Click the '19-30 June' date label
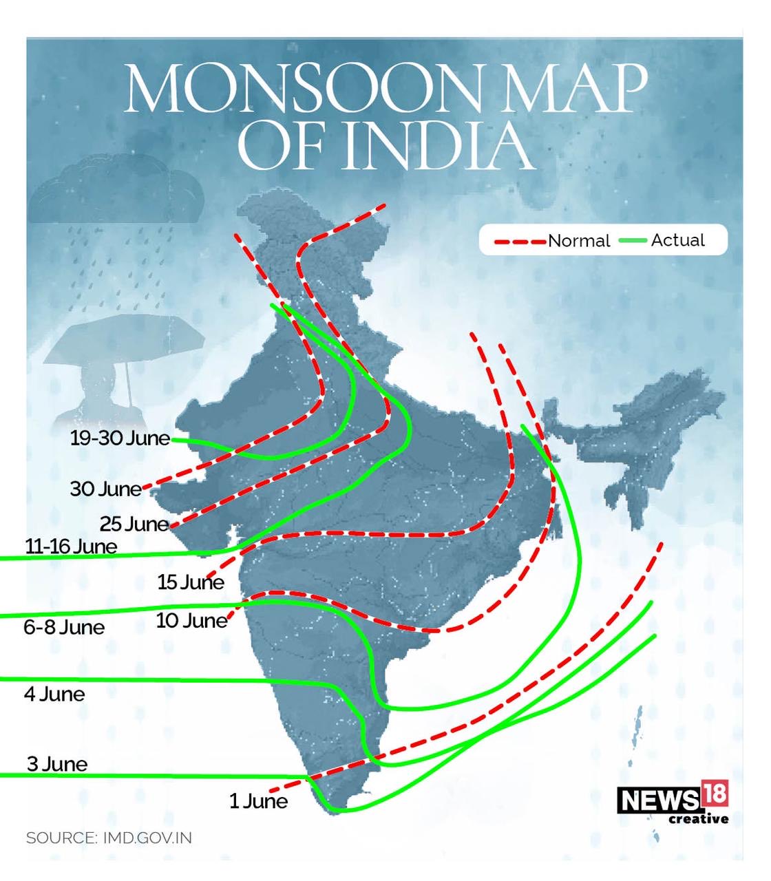[120, 438]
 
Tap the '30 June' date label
[105, 489]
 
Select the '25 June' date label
[134, 524]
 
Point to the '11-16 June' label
[71, 547]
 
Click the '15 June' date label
[191, 583]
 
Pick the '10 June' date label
[191, 621]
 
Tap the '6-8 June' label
[64, 628]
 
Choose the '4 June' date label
[54, 694]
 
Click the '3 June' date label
[57, 765]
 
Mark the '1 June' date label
[258, 802]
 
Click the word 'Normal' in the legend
[579, 241]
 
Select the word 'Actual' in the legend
[677, 240]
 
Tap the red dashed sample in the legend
[520, 242]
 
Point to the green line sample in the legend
[633, 240]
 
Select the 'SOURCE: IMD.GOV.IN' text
[109, 838]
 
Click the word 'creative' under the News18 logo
[698, 819]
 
